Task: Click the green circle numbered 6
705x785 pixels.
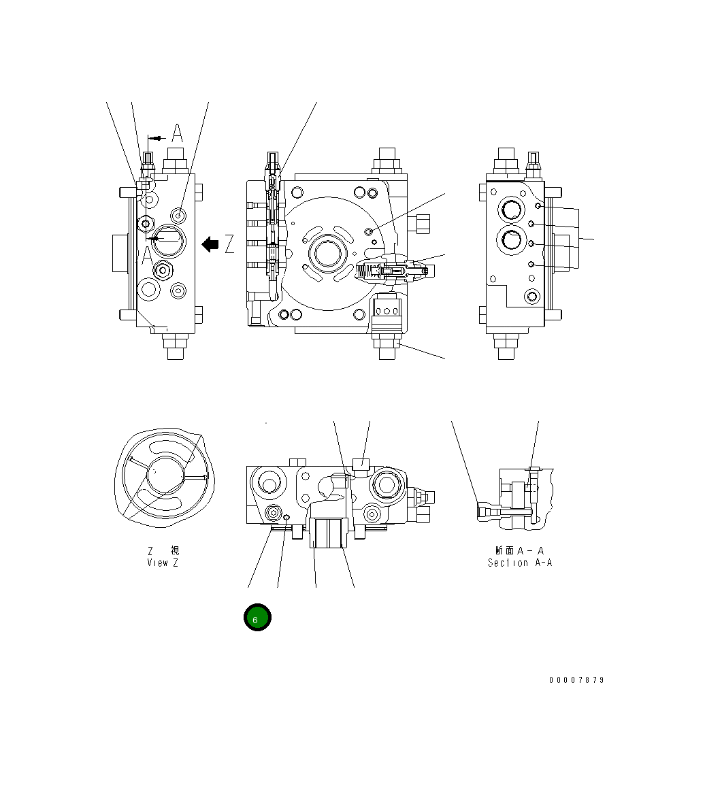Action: (257, 618)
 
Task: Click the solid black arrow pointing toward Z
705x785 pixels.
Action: (210, 244)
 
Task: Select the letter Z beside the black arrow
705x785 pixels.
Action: (229, 244)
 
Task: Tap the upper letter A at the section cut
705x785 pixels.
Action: (177, 133)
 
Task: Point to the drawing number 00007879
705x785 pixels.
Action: (576, 680)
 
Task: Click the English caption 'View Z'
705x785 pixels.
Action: (163, 563)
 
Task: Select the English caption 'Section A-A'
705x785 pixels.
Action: (519, 563)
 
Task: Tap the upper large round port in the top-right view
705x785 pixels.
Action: (511, 210)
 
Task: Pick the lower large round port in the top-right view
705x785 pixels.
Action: (511, 239)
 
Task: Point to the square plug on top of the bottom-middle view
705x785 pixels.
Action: (361, 466)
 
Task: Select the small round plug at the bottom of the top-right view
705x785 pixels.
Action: (531, 295)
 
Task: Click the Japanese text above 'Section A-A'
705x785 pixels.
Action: (519, 550)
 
